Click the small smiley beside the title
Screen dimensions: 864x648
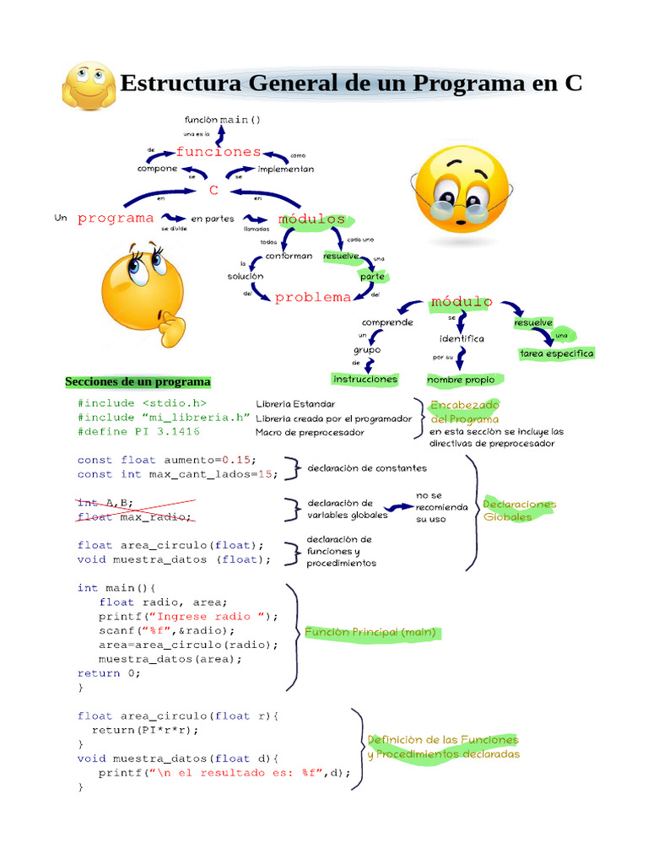tap(87, 85)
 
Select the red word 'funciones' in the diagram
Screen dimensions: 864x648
tap(219, 152)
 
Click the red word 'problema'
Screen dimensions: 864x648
tap(313, 297)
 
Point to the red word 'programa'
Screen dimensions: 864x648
tap(116, 218)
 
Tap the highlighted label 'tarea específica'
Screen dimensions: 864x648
tap(556, 354)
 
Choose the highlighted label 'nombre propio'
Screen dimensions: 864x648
tap(460, 380)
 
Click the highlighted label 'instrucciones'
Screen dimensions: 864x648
tap(365, 380)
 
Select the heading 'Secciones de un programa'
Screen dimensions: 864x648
tap(138, 382)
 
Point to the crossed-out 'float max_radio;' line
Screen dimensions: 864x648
tap(135, 516)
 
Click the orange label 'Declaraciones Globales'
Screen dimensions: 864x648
tap(519, 510)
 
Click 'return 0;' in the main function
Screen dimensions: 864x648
tap(109, 673)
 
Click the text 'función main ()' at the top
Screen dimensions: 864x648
tap(223, 120)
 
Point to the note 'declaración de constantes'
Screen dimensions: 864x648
tap(367, 467)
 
